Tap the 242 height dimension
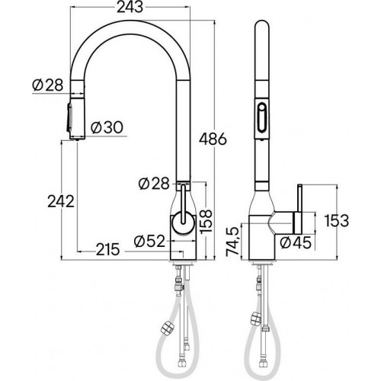click(59, 202)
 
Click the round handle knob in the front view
click(183, 223)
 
